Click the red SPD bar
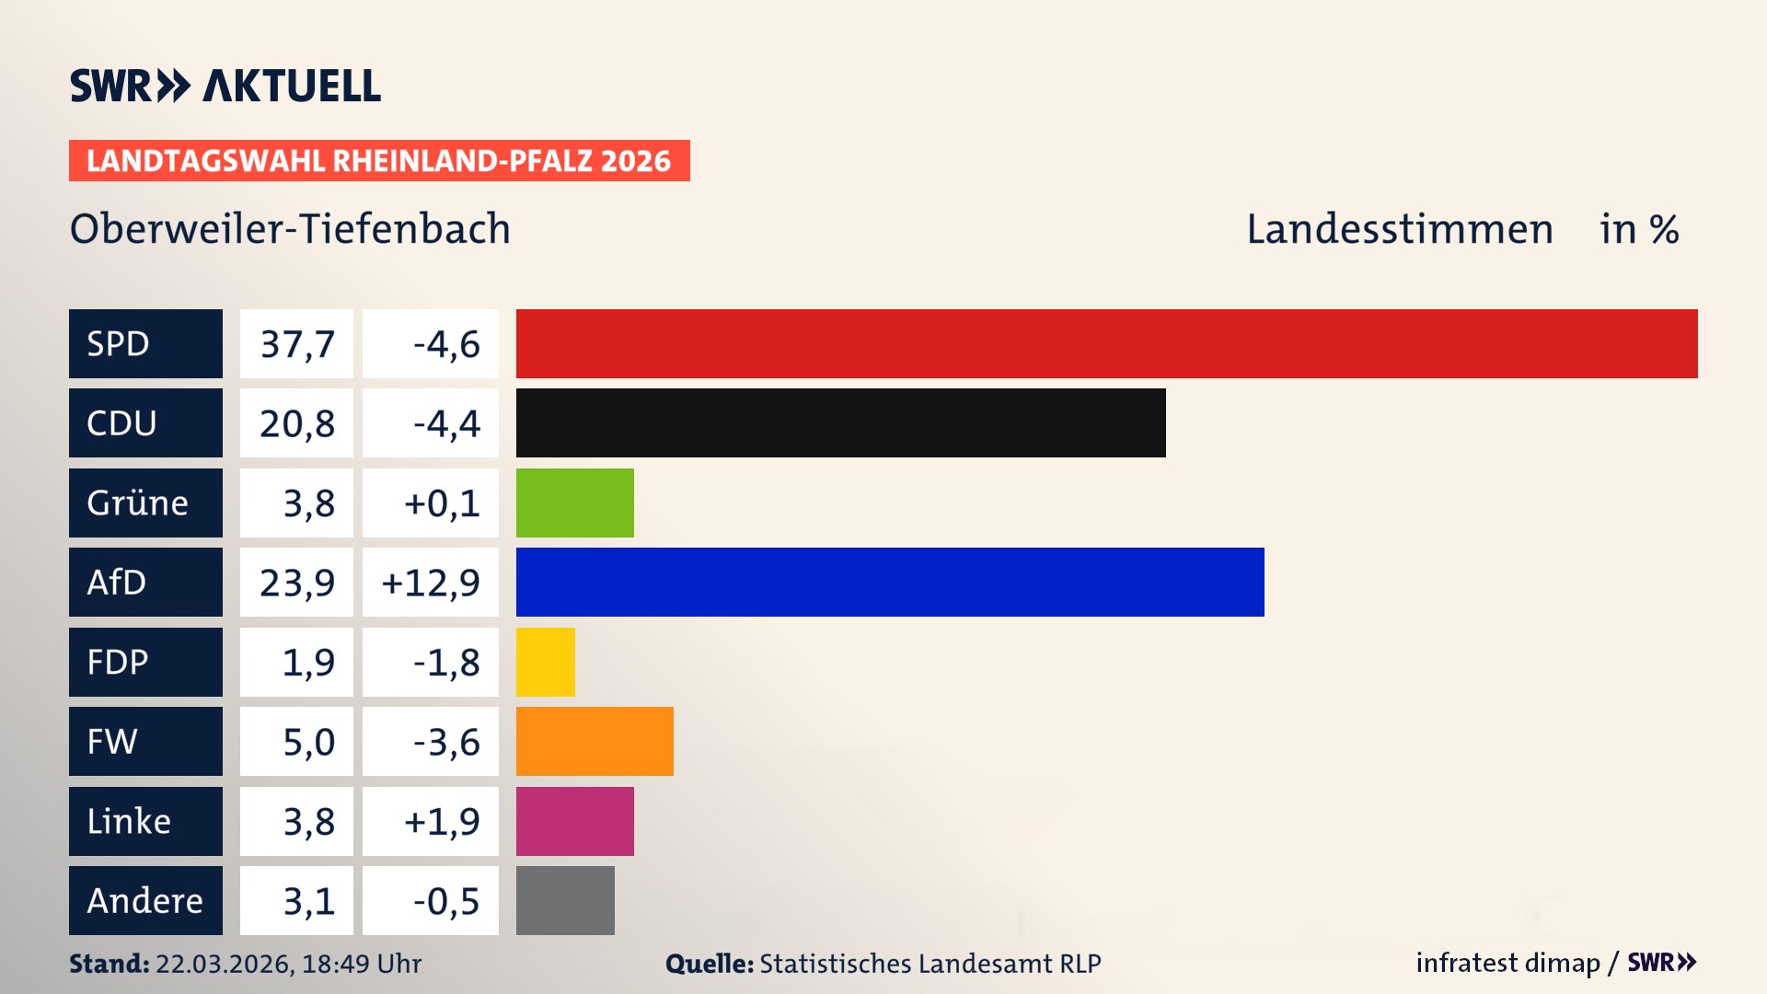pyautogui.click(x=1106, y=343)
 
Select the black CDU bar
pyautogui.click(x=840, y=422)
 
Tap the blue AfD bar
pyautogui.click(x=890, y=582)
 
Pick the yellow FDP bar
pyautogui.click(x=545, y=662)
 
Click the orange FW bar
pyautogui.click(x=595, y=741)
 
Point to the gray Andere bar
pyautogui.click(x=565, y=900)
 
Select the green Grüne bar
pyautogui.click(x=574, y=503)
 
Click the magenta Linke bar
pyautogui.click(x=574, y=821)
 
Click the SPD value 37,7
pyautogui.click(x=296, y=344)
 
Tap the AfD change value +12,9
pyautogui.click(x=431, y=583)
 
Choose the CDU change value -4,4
pyautogui.click(x=446, y=423)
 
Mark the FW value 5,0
pyautogui.click(x=308, y=742)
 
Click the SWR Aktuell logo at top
pyautogui.click(x=225, y=86)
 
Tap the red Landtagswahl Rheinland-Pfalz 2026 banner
pyautogui.click(x=379, y=161)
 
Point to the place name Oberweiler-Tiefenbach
pyautogui.click(x=290, y=229)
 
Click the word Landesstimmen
pyautogui.click(x=1399, y=229)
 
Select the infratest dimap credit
pyautogui.click(x=1507, y=963)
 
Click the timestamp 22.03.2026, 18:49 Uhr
pyautogui.click(x=288, y=964)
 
